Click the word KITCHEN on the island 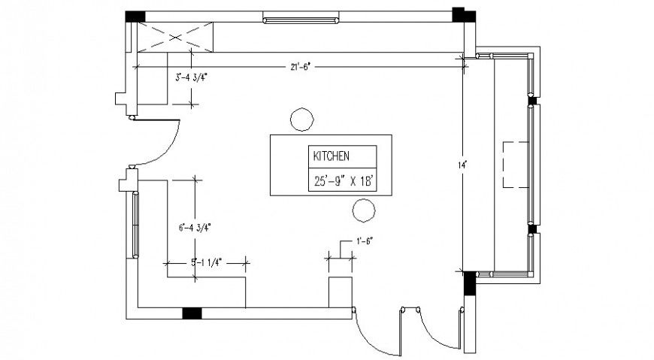[x=330, y=156]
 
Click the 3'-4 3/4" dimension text [x=191, y=77]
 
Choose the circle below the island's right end [x=364, y=210]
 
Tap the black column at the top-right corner [x=459, y=15]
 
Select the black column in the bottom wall [x=192, y=313]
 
